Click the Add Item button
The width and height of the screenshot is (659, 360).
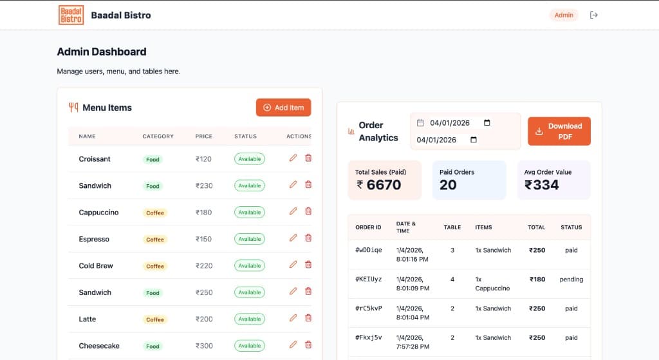[283, 108]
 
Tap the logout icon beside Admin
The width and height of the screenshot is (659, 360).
[593, 15]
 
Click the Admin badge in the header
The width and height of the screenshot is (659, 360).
[564, 15]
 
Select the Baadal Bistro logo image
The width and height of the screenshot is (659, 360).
[71, 15]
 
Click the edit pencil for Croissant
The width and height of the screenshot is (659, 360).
[293, 158]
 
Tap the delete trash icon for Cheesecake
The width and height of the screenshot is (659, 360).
[308, 345]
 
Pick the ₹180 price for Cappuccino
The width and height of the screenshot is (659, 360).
[203, 213]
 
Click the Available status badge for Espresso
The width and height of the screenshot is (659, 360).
[250, 239]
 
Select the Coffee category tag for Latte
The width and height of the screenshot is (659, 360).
[155, 319]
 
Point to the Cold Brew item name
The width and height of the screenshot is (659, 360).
[96, 266]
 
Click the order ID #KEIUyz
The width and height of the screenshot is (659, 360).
[369, 279]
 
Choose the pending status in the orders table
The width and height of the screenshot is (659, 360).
[571, 279]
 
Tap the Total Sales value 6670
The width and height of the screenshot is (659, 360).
[384, 185]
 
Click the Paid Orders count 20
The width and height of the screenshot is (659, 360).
[448, 185]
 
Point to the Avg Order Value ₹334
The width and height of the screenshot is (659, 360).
[542, 185]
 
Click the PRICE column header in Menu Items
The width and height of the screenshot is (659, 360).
[204, 137]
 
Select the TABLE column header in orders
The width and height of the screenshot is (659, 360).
[452, 227]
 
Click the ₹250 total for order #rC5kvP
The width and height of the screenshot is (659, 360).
[537, 308]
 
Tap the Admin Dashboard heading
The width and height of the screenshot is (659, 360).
[102, 52]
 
